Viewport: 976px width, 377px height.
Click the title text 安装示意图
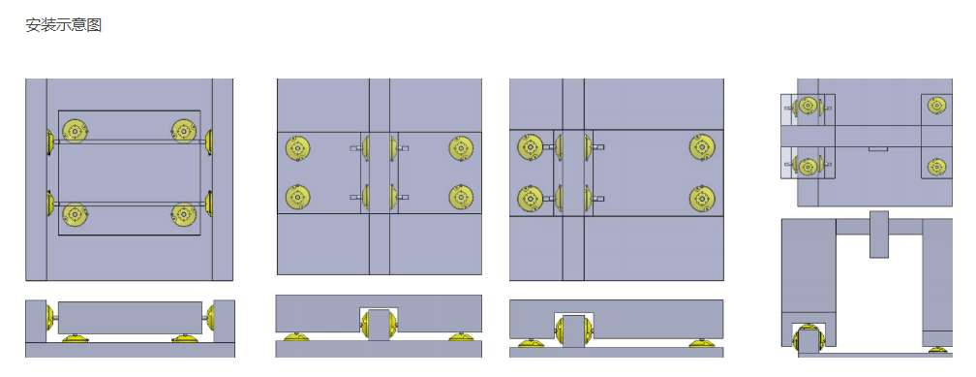tap(64, 25)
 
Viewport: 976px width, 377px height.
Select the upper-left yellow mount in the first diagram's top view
tap(76, 131)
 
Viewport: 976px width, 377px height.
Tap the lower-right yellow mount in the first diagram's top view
tap(184, 214)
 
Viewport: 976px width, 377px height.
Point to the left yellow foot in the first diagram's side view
tap(75, 338)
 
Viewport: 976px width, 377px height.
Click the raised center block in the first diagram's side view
tap(130, 318)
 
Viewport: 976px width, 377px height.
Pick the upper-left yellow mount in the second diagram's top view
tap(297, 148)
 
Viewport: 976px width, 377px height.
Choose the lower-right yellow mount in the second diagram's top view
tap(461, 197)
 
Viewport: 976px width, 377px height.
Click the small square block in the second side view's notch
tap(379, 324)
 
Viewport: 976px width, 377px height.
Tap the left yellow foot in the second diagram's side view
tap(297, 337)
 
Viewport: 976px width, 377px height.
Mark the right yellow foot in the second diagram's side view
tap(461, 337)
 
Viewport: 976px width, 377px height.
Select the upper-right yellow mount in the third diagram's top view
tap(702, 147)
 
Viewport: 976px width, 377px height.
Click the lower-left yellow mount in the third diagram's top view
tap(531, 198)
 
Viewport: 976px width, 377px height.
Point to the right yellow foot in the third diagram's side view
tap(701, 343)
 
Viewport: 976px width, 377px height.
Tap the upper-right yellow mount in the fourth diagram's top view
tap(937, 105)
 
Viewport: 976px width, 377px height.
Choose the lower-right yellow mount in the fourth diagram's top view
tap(937, 167)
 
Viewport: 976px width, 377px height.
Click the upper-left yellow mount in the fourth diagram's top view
tap(808, 105)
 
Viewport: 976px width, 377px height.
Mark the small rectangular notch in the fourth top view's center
tap(878, 149)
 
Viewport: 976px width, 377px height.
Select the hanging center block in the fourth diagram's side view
tap(879, 235)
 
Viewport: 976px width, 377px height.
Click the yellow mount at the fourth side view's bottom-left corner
tap(808, 340)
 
